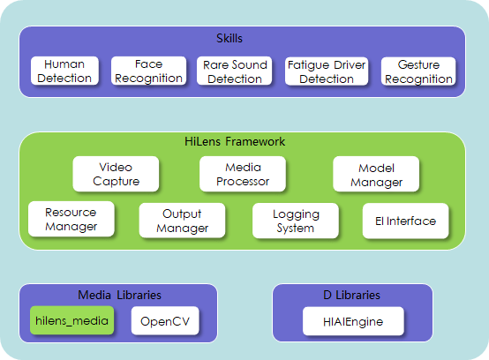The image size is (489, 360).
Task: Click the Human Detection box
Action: click(64, 71)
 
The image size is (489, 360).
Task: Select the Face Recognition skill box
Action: click(149, 71)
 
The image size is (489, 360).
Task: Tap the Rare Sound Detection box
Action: click(235, 71)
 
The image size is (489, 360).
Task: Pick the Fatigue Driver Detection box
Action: click(327, 71)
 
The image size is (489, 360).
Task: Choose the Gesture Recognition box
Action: click(418, 71)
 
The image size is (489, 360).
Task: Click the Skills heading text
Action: click(229, 38)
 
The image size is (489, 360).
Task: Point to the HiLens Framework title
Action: click(235, 141)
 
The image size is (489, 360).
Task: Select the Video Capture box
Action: click(116, 174)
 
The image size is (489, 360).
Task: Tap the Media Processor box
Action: click(243, 174)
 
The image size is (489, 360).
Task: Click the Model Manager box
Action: click(376, 174)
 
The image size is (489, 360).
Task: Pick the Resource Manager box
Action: click(71, 219)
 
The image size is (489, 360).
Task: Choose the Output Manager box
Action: click(182, 221)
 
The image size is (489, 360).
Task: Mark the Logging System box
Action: click(296, 221)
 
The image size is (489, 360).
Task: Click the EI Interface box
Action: click(405, 221)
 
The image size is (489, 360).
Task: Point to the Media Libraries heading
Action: click(119, 295)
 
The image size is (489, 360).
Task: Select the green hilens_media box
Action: click(72, 320)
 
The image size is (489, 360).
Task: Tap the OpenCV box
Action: click(165, 320)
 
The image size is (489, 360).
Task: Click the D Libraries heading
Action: click(352, 295)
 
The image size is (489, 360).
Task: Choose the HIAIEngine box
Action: click(353, 321)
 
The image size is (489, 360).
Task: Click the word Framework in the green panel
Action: click(255, 141)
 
